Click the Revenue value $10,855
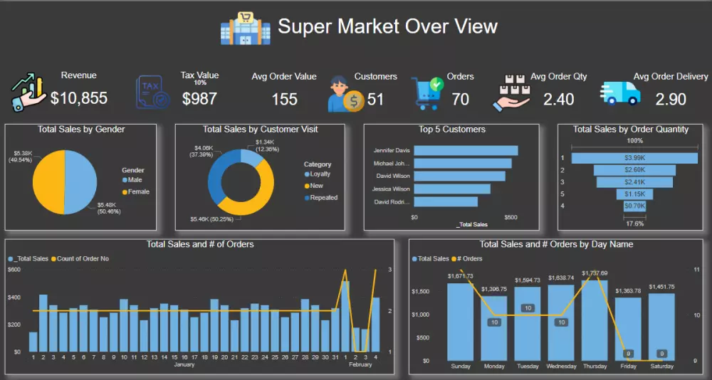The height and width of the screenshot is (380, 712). (79, 98)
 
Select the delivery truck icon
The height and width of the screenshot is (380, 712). (620, 93)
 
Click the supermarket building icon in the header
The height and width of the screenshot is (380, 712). (246, 28)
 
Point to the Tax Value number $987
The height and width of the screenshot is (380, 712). (199, 99)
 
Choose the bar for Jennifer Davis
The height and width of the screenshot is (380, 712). (466, 151)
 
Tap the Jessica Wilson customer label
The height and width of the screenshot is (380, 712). (392, 189)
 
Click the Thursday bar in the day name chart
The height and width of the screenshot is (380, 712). (595, 320)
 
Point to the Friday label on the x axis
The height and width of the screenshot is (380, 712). (627, 366)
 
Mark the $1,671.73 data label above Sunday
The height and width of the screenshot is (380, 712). (460, 276)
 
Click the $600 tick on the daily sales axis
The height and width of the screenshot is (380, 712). (15, 270)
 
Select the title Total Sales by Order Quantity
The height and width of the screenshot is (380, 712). (630, 130)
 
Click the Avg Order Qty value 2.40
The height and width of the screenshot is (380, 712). (558, 99)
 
